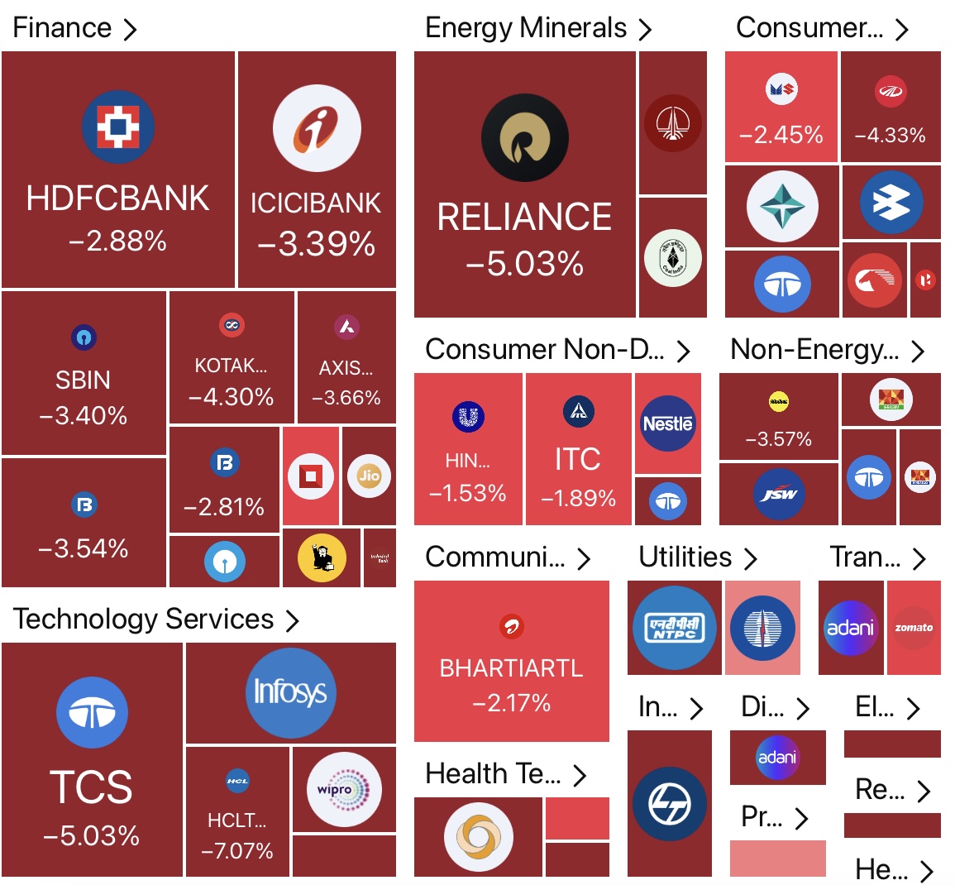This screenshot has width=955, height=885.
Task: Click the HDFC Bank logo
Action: (x=117, y=127)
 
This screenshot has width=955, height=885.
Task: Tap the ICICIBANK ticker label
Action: (x=316, y=203)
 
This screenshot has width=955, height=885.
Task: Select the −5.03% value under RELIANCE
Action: (x=524, y=264)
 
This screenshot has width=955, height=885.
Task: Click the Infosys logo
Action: (x=289, y=691)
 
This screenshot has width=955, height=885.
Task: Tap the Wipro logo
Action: (x=343, y=789)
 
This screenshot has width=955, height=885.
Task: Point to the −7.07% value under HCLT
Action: (x=237, y=850)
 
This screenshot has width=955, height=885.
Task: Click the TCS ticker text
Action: (x=91, y=787)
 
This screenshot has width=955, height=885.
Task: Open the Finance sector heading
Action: (x=63, y=27)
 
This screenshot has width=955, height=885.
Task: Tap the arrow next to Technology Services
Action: (x=292, y=620)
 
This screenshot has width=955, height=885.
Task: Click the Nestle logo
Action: (x=667, y=423)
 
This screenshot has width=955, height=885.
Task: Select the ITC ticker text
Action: (x=577, y=459)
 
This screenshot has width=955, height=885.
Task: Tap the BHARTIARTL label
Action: (x=511, y=668)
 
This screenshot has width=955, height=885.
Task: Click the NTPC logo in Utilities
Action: (x=674, y=628)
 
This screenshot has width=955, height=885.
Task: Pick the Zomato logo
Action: (x=914, y=628)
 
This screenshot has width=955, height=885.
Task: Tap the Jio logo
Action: (x=369, y=476)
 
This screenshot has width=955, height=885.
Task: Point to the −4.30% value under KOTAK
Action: (x=232, y=397)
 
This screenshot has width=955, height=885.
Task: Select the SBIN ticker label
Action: (x=83, y=380)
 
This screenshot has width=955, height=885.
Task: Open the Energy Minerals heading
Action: (x=526, y=27)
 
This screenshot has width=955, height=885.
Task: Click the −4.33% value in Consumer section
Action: (x=890, y=135)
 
